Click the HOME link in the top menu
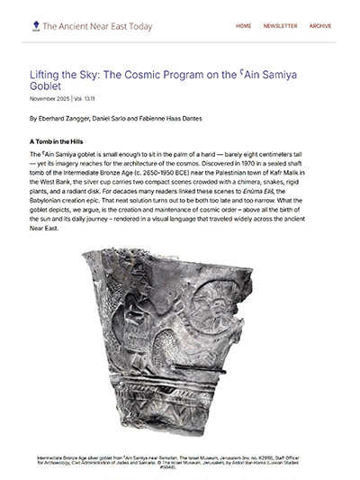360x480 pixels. (243, 26)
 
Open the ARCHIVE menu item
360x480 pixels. (320, 26)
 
